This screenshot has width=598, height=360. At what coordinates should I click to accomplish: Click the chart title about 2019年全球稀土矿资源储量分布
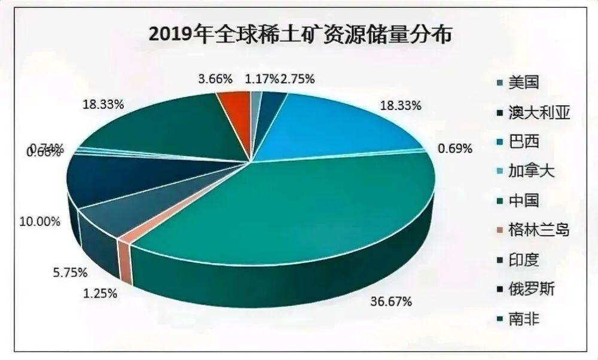coord(299,34)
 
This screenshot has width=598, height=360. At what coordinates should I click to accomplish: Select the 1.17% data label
coord(261,78)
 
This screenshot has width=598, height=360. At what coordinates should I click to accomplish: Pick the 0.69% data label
coord(456,147)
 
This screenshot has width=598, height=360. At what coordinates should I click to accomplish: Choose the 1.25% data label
coord(100,294)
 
